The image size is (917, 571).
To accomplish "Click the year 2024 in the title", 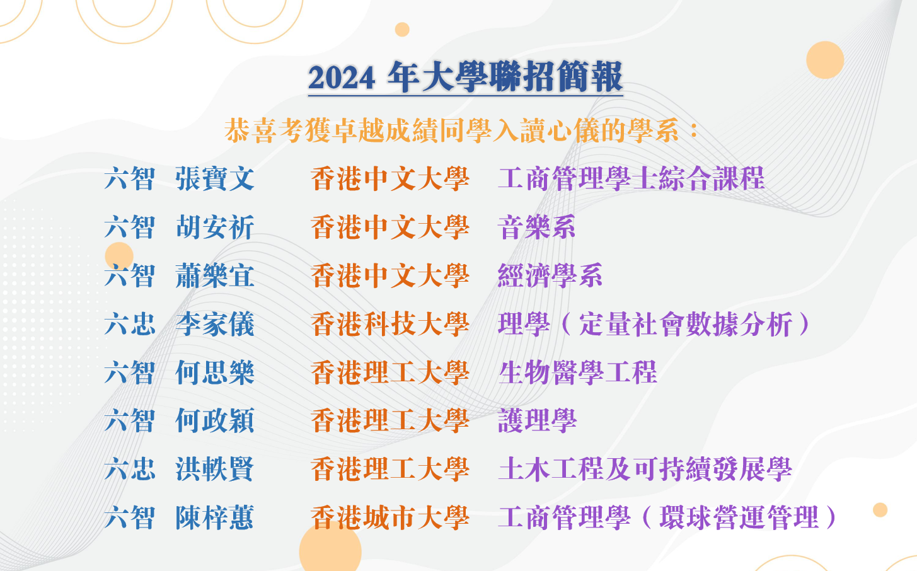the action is (x=342, y=78).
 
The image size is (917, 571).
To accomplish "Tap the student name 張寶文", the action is (x=215, y=179).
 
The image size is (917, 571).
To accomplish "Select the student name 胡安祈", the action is (x=215, y=227).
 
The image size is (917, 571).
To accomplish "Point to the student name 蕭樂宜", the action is (x=215, y=275).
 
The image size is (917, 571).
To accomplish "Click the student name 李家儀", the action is (x=215, y=324).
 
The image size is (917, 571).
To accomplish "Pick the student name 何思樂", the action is (x=215, y=372).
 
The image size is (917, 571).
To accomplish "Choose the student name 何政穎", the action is (x=215, y=421).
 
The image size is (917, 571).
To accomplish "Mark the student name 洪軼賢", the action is (x=215, y=469).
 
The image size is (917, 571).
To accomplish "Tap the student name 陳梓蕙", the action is (x=215, y=517).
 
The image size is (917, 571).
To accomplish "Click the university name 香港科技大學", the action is (x=390, y=324).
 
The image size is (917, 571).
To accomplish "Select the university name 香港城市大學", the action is (x=390, y=517).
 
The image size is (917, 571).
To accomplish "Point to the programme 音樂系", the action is (x=537, y=227).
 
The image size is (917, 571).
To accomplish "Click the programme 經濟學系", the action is (x=550, y=275).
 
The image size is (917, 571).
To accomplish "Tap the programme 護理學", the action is (x=537, y=421).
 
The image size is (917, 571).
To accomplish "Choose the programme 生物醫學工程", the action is (x=578, y=372).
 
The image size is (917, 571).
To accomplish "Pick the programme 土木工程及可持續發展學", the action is (x=645, y=469).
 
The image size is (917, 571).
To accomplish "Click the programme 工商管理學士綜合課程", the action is (x=632, y=179).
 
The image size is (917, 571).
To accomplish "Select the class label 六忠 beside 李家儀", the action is (x=130, y=324).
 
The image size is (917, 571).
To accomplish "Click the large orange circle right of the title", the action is (x=825, y=60).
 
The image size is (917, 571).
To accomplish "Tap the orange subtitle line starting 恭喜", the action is (x=462, y=131).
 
